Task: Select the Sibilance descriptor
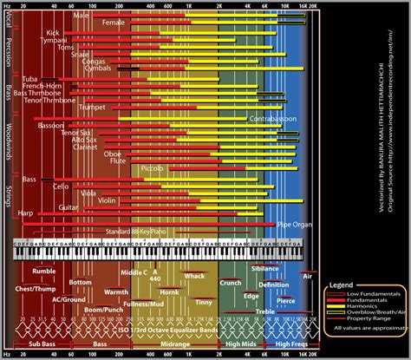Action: click(x=264, y=269)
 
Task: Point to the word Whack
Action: click(x=194, y=276)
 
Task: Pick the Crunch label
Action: click(x=231, y=283)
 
